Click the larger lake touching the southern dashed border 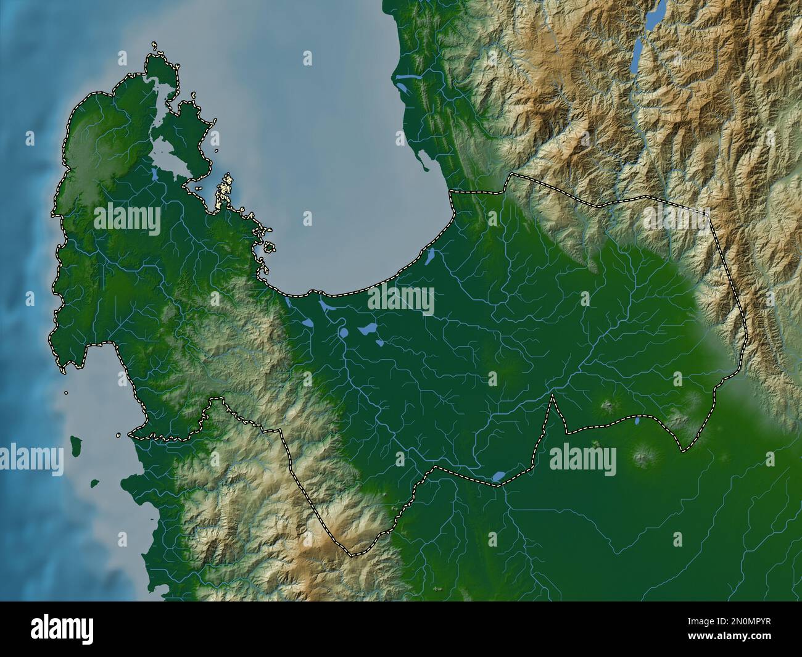[498, 476]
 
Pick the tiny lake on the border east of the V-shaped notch [637, 423]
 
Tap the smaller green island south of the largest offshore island [94, 484]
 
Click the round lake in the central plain [343, 334]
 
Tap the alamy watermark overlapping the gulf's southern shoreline [401, 300]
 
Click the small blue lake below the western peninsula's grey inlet [152, 175]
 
